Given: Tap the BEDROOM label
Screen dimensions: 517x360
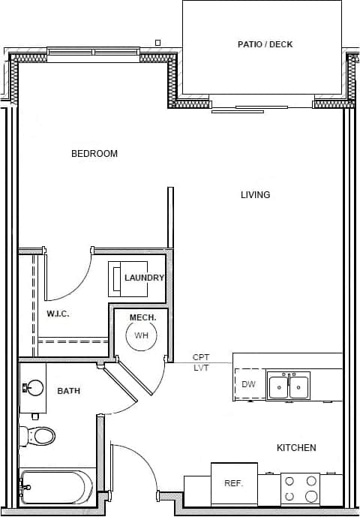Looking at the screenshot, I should click(x=94, y=154).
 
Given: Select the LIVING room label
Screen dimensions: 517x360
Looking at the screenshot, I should click(x=255, y=195).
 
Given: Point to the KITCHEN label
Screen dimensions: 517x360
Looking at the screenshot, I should click(x=296, y=448).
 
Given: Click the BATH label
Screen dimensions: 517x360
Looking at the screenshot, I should click(x=68, y=391).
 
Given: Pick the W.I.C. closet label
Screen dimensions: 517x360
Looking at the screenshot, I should click(x=58, y=314).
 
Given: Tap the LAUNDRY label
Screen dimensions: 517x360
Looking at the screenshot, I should click(x=144, y=278).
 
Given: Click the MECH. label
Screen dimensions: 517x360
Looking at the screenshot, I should click(x=142, y=318).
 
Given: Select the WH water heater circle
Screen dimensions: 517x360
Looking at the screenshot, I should click(x=141, y=335).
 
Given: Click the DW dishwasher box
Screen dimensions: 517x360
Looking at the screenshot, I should click(x=249, y=384).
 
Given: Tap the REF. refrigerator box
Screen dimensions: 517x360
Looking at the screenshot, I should click(x=234, y=484).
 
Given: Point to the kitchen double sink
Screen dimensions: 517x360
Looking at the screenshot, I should click(x=288, y=386).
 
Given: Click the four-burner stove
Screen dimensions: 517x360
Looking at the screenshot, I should click(x=300, y=489).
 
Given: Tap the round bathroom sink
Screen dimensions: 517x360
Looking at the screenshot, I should click(x=34, y=388).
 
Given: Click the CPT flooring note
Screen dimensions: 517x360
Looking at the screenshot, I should click(x=201, y=358).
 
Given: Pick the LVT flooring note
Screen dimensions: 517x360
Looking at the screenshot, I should click(x=201, y=368).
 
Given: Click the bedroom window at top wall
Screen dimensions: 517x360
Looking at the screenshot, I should click(x=92, y=52).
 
